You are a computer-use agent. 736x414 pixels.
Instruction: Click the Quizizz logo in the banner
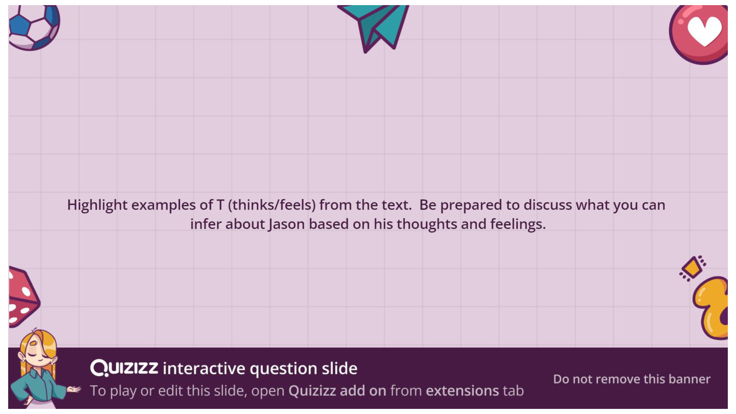124,368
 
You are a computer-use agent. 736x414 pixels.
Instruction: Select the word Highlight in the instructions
97,205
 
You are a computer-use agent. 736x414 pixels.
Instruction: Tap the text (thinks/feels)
272,205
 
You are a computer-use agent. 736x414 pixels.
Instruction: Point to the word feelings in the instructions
518,225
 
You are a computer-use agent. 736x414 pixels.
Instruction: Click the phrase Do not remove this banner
632,379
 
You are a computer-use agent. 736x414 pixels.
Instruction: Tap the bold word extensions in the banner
462,391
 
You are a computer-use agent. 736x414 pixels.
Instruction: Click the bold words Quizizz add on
337,391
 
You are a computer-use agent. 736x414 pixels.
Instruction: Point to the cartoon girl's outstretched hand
74,389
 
